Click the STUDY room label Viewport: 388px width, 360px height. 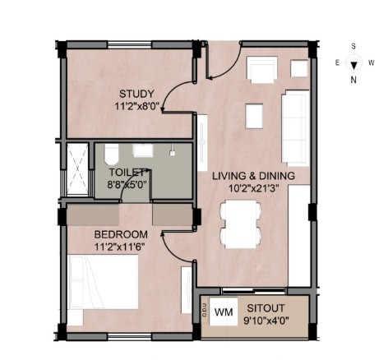tap(136, 94)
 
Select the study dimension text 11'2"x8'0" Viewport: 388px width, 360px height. tap(137, 106)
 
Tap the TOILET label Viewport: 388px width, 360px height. tap(127, 173)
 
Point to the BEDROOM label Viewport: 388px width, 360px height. tap(121, 234)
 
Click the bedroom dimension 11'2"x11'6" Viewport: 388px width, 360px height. tap(119, 247)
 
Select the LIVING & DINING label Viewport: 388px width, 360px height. tap(254, 176)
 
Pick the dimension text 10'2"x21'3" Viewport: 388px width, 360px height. tap(254, 188)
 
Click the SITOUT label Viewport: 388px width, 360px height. tap(266, 308)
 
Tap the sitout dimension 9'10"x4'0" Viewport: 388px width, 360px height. tap(266, 321)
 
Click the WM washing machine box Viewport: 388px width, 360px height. tap(224, 312)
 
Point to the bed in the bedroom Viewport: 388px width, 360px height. tap(103, 282)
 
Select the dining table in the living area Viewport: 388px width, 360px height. tap(240, 224)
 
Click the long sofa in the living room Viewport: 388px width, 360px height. tap(296, 128)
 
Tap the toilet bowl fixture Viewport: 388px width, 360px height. tap(111, 155)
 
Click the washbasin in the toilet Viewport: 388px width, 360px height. tap(143, 150)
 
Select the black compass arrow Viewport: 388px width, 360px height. tap(354, 66)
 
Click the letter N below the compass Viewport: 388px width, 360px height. tap(353, 80)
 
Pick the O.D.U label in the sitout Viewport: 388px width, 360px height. tap(205, 310)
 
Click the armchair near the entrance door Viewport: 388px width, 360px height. tap(262, 70)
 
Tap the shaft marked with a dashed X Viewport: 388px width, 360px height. tap(77, 169)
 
